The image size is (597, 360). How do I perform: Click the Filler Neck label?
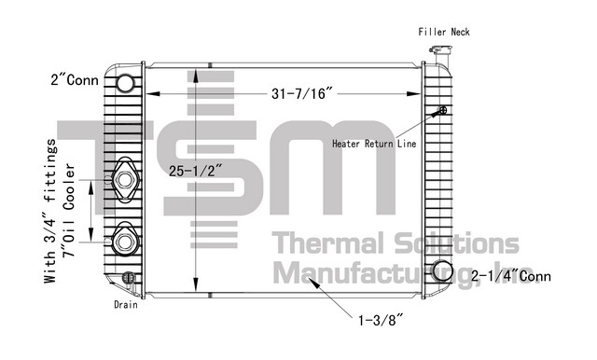pos(444,32)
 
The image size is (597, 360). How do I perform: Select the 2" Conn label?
pos(75,80)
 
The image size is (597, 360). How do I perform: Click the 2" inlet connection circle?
pos(125,83)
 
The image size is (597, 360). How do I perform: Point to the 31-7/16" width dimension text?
pos(298,93)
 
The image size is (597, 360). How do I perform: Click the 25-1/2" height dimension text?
pos(195,171)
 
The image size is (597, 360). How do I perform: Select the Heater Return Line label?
pos(374,144)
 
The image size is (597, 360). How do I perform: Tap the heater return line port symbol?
pos(442,110)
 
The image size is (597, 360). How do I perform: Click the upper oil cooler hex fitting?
pos(125,180)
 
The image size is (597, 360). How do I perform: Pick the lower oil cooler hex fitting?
pos(125,241)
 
